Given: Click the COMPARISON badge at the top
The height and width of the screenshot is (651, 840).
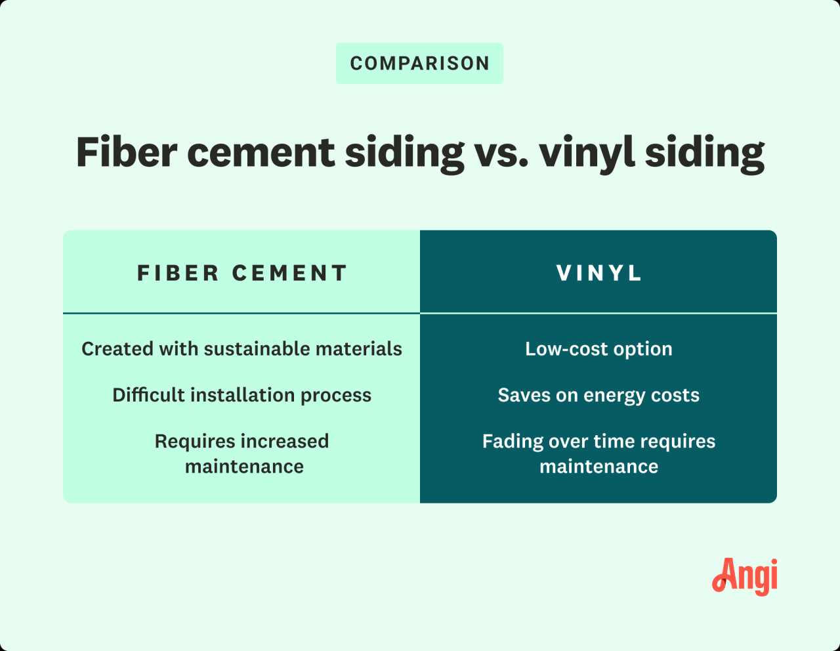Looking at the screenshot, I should (x=419, y=64).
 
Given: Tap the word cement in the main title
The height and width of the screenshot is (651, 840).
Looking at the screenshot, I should (x=261, y=152).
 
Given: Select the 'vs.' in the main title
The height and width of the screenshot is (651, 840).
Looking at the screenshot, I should (x=501, y=152).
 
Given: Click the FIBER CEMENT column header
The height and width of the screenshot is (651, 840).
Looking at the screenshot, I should (x=241, y=273).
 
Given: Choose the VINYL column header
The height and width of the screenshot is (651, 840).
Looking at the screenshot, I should (x=598, y=273).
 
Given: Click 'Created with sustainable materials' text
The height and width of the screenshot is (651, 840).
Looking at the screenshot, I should (x=241, y=349).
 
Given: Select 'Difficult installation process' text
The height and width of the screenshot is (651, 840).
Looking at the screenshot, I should (x=241, y=395).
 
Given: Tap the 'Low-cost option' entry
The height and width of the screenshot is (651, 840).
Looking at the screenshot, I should (x=598, y=349).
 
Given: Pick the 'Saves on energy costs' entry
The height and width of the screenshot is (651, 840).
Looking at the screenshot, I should (x=598, y=395).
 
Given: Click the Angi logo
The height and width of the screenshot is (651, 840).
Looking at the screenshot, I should (x=745, y=576).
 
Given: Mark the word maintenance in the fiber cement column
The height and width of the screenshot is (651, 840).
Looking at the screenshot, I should (x=244, y=467).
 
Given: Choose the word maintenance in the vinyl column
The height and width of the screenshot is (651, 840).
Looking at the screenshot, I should (x=598, y=467).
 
